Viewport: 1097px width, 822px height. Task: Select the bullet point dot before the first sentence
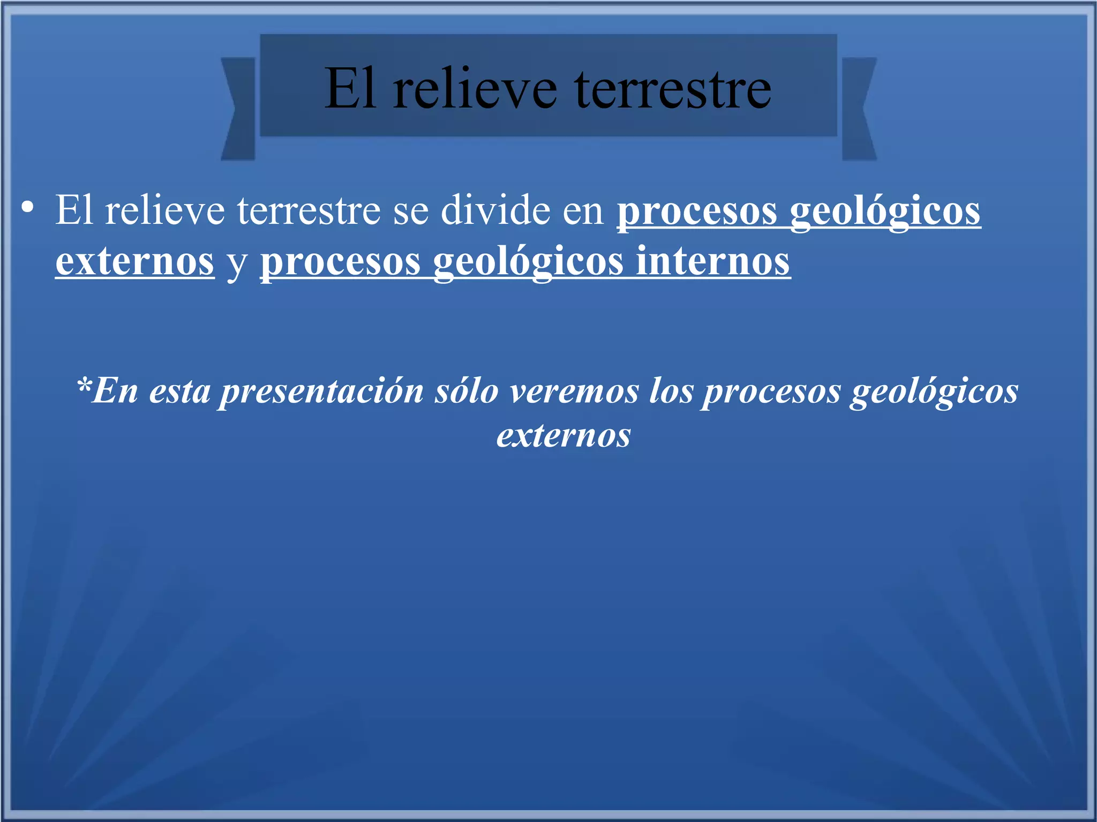(28, 208)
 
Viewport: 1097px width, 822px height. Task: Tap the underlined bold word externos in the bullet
(135, 262)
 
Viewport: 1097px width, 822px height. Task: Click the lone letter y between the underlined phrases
(237, 263)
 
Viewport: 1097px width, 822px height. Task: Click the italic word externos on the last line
(563, 435)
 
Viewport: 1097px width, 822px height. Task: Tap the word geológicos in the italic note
(934, 392)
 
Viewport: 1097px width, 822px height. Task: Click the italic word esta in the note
(179, 392)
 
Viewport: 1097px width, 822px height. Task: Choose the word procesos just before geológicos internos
(341, 262)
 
